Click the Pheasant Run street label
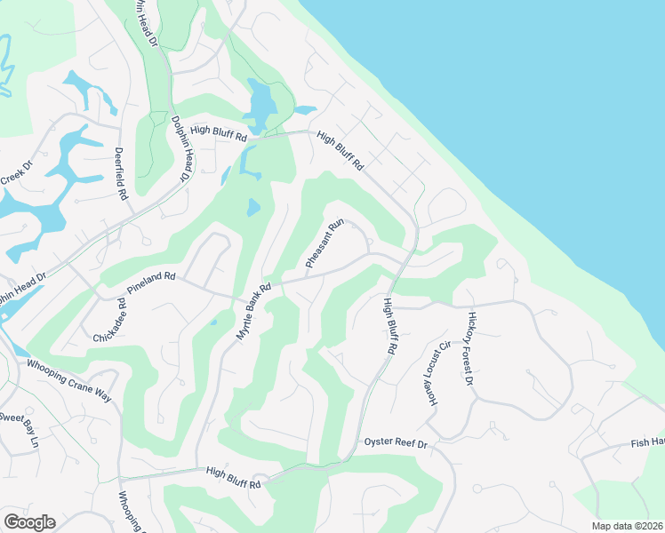(x=324, y=245)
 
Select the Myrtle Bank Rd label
(x=253, y=311)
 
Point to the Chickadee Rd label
(x=109, y=321)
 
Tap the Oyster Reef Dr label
(x=396, y=442)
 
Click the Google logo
(x=29, y=522)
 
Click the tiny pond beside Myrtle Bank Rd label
(x=213, y=322)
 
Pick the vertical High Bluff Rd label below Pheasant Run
(x=389, y=327)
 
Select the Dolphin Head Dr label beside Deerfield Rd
(x=180, y=149)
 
